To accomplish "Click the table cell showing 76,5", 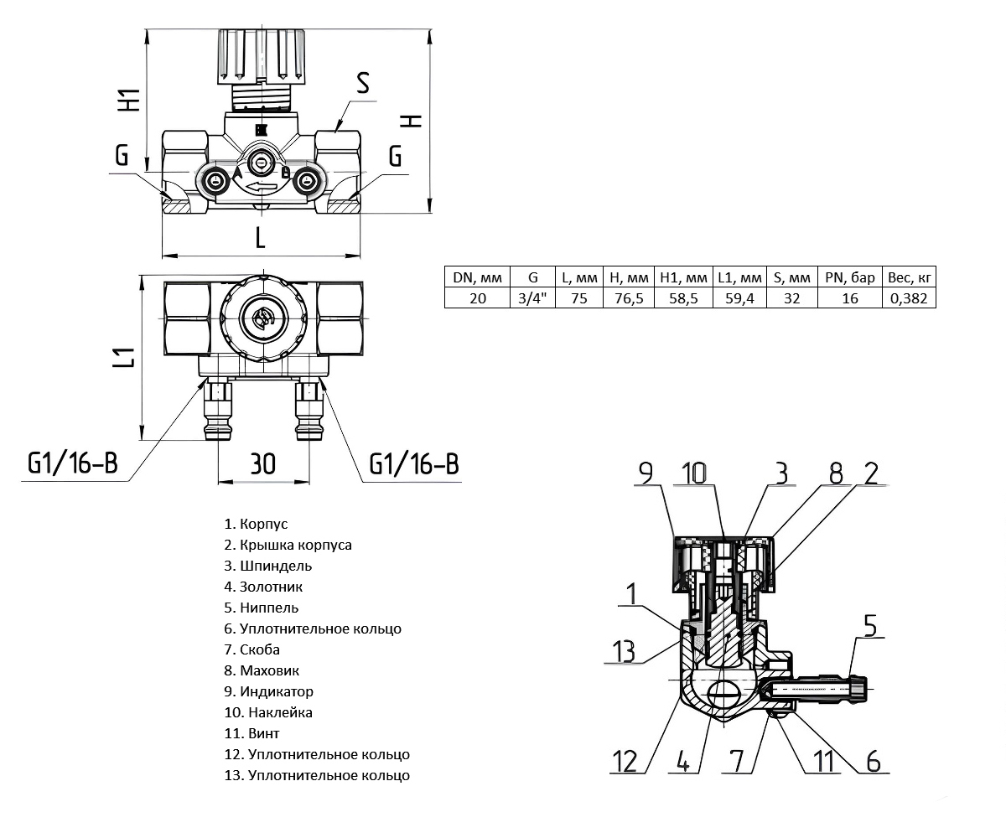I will [x=628, y=298].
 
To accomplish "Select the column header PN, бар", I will [x=850, y=277].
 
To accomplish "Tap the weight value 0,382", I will [x=909, y=298].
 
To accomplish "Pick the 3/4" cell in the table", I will [x=532, y=298].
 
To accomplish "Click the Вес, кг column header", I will [x=909, y=277].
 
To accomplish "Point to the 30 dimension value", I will [x=262, y=463].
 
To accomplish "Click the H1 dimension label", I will [x=128, y=100].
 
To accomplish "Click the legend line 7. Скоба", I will [x=259, y=649].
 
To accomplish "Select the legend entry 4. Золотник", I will [x=263, y=587].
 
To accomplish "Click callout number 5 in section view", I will [x=869, y=628].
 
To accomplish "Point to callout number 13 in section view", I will [x=623, y=651].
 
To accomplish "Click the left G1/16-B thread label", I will [x=73, y=463].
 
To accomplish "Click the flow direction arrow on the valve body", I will [x=262, y=185].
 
